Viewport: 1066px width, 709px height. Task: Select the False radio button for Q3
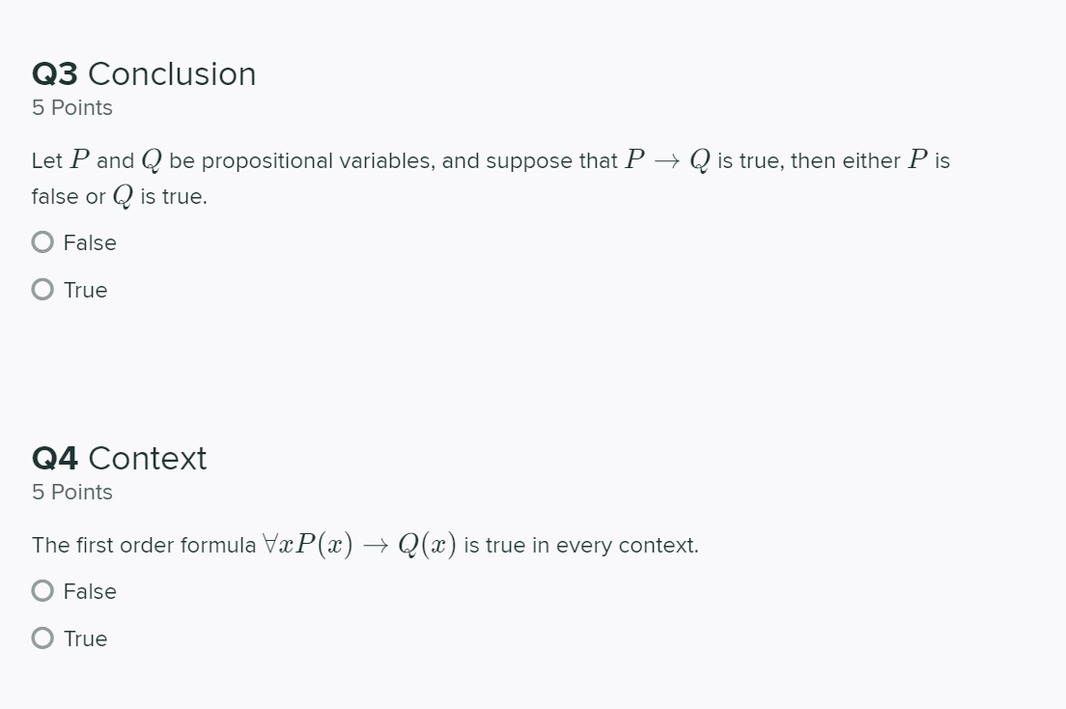coord(42,242)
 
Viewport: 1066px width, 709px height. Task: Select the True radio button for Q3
coord(42,290)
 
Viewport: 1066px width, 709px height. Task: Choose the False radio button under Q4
coord(42,591)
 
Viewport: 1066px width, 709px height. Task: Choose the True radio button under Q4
coord(42,638)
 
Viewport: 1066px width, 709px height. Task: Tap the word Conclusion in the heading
coord(172,74)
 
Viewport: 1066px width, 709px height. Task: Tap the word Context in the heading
coord(147,458)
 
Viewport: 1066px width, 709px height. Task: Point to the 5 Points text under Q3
coord(72,108)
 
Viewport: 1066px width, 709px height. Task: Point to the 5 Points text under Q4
coord(72,493)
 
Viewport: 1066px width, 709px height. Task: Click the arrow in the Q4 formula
coord(379,546)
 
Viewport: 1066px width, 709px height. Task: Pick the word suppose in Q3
coord(532,162)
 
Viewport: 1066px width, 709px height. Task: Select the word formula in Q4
coord(218,546)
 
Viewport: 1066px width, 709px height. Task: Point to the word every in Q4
coord(583,547)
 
